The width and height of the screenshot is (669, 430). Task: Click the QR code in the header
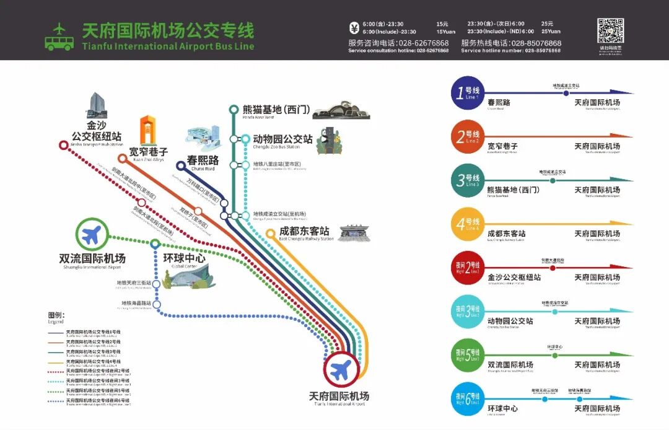610,30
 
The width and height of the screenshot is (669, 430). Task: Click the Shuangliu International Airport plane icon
92,235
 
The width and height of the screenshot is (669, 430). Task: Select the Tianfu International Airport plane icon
340,370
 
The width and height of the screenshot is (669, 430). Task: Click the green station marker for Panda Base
234,110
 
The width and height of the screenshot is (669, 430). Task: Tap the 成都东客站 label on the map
304,232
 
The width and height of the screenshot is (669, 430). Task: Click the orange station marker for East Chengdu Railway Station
270,234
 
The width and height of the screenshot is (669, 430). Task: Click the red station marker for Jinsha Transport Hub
63,145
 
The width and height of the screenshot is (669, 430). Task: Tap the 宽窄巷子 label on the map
148,151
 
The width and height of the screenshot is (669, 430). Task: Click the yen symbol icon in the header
354,27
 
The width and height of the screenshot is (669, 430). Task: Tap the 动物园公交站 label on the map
282,139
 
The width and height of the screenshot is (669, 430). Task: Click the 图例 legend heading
56,315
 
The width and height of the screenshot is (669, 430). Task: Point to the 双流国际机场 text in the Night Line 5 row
510,365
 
